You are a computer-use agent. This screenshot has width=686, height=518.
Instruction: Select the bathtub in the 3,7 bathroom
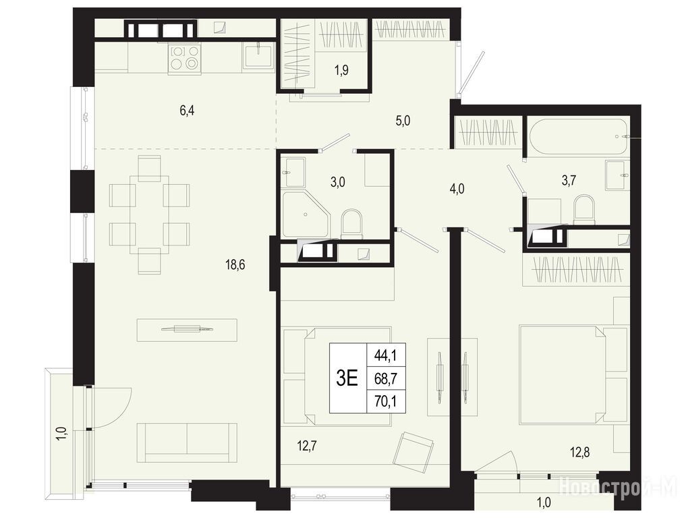tap(577, 136)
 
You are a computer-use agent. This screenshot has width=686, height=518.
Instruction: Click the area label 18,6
tap(235, 264)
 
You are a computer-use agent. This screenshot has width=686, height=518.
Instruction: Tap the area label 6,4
tap(187, 110)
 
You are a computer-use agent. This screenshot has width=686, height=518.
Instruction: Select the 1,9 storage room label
tap(342, 70)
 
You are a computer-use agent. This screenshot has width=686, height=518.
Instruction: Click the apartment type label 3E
tap(347, 378)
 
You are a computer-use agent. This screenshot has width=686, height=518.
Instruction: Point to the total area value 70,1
tap(385, 401)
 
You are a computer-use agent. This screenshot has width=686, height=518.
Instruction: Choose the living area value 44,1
tap(385, 355)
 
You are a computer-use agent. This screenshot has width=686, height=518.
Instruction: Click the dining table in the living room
tap(150, 214)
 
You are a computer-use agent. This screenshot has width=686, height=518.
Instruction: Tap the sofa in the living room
tap(188, 442)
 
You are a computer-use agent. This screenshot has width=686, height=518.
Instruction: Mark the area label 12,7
tap(307, 447)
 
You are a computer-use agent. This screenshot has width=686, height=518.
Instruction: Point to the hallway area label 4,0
tap(457, 189)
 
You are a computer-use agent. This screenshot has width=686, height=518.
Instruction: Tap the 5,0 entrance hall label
tap(403, 121)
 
